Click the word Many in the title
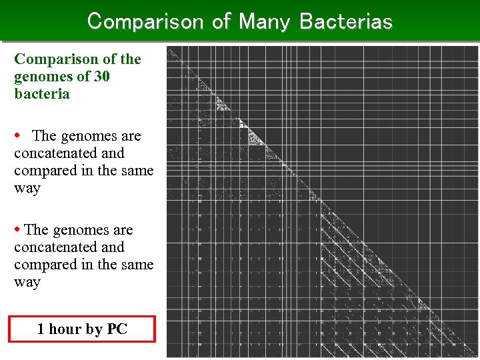coord(264,21)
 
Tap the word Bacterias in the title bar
coord(346,21)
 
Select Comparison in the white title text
coord(145,21)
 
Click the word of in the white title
coord(221,21)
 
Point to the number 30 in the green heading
coord(102,77)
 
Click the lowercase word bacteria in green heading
coord(42,94)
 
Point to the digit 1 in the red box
coord(41,329)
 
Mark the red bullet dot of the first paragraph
coord(18,136)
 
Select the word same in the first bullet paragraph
coord(135,171)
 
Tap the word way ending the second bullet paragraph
coord(27,282)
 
